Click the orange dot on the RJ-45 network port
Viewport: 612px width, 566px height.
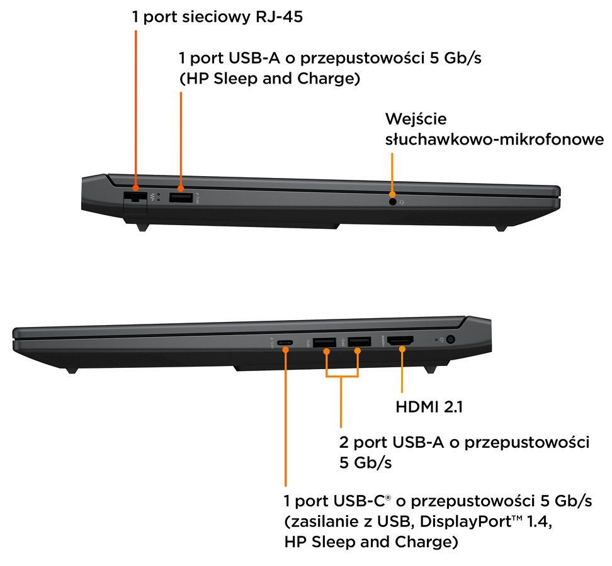(x=136, y=188)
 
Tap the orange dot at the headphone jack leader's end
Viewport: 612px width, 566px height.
(x=392, y=194)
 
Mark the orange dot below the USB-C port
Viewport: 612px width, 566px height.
(x=286, y=350)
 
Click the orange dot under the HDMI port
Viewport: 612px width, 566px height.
(x=402, y=349)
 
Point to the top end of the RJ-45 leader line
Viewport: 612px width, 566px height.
(x=136, y=31)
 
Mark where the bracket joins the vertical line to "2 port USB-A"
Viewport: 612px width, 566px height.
(x=341, y=377)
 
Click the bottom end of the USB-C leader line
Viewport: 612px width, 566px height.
(x=286, y=486)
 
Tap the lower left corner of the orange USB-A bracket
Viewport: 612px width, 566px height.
(x=326, y=377)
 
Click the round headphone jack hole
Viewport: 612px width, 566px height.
(x=393, y=202)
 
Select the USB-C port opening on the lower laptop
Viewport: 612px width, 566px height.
(x=285, y=343)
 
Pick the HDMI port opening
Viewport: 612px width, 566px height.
(x=400, y=341)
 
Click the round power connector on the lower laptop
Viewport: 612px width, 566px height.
(x=450, y=340)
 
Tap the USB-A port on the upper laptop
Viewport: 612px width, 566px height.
(x=181, y=197)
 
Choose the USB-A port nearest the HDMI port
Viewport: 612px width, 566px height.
(x=360, y=342)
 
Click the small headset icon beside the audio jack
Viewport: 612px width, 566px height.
(x=402, y=202)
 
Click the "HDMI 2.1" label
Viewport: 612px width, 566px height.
(x=429, y=407)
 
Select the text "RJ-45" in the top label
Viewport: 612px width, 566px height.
(x=279, y=17)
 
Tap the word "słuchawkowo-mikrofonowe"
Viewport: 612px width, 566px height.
(x=494, y=139)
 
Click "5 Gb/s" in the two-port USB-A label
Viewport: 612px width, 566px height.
(x=365, y=463)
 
